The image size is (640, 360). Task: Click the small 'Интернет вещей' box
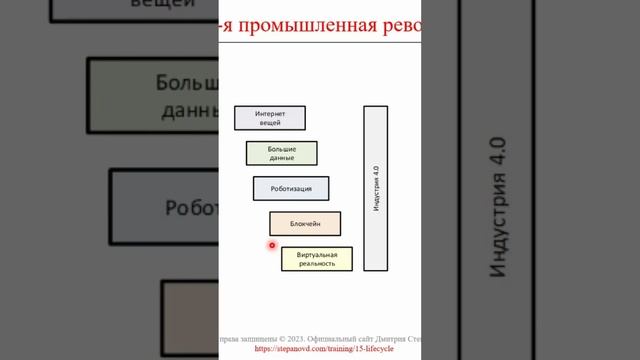pyautogui.click(x=269, y=118)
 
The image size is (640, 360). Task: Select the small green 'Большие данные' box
pyautogui.click(x=281, y=153)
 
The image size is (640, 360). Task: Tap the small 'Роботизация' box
pyautogui.click(x=290, y=188)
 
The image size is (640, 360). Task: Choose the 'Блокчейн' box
pyautogui.click(x=304, y=224)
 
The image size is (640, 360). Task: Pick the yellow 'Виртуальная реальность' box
pyautogui.click(x=316, y=259)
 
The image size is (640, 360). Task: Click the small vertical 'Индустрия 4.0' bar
pyautogui.click(x=375, y=188)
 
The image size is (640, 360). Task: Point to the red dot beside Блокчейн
pyautogui.click(x=271, y=245)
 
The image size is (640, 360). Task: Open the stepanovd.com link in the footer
pyautogui.click(x=324, y=349)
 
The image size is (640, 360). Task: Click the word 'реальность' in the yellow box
pyautogui.click(x=316, y=264)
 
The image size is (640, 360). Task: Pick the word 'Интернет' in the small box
pyautogui.click(x=270, y=113)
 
